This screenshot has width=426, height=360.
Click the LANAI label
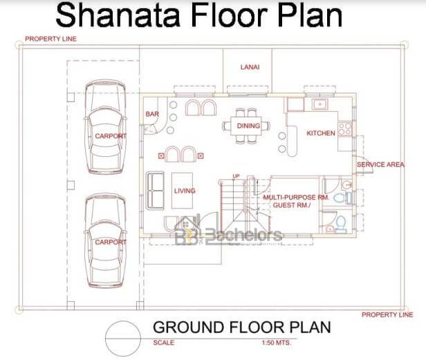[x=250, y=67]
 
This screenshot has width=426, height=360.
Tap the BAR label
[x=152, y=114]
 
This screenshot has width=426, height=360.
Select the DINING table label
[x=248, y=126]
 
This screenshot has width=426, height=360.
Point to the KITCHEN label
[x=321, y=133]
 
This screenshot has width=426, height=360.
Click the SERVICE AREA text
[x=380, y=164]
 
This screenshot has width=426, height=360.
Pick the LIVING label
[x=185, y=191]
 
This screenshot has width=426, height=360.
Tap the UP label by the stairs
[x=236, y=176]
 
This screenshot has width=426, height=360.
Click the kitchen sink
[x=319, y=104]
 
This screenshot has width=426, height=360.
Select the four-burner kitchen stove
[x=345, y=129]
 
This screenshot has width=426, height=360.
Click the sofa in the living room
[x=155, y=191]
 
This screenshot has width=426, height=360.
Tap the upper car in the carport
[x=105, y=126]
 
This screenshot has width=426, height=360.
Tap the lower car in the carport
[x=105, y=240]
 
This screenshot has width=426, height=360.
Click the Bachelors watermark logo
[x=228, y=232]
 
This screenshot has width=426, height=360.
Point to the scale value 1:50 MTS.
[x=277, y=343]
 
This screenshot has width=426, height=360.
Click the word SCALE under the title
[x=163, y=343]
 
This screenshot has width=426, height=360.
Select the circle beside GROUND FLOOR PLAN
[x=105, y=339]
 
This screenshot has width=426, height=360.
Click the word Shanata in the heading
[x=118, y=15]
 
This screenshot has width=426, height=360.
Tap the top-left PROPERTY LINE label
[x=50, y=39]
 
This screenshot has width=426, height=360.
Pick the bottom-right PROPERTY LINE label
[x=387, y=314]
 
